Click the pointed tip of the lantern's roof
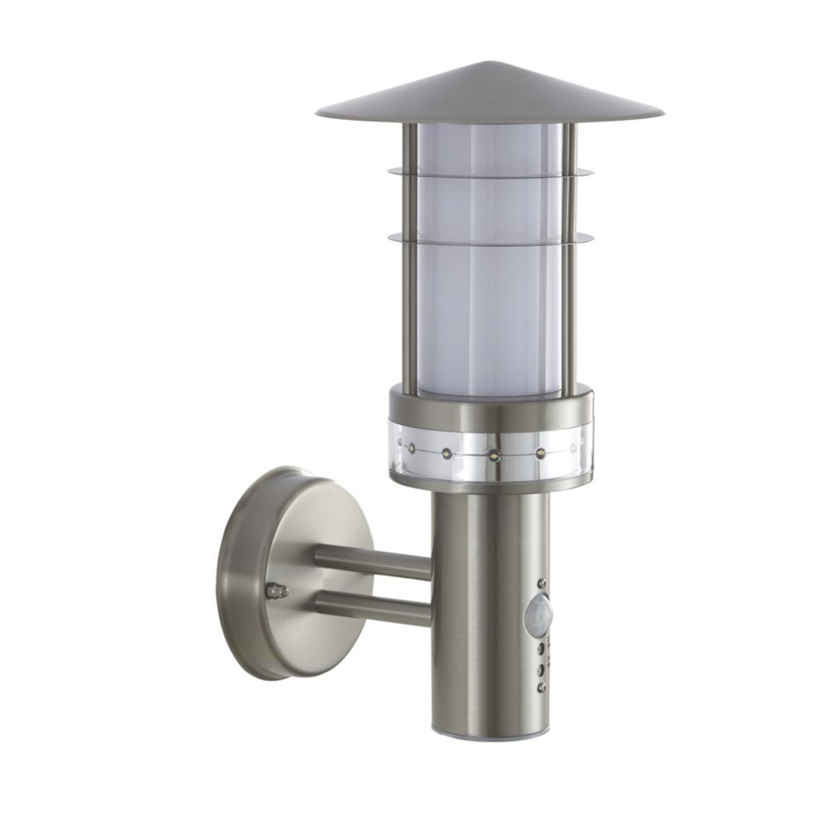point(490,64)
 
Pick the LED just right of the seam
point(540,453)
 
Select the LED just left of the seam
point(447,453)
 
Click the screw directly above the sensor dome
point(542,583)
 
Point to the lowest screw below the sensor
point(541,688)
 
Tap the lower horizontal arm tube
point(373,608)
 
